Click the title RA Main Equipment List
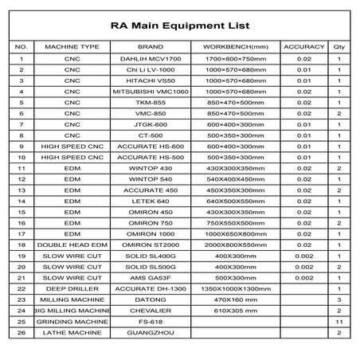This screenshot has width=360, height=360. (179, 26)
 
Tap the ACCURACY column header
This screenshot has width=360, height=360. (303, 47)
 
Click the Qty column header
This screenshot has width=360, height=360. (339, 47)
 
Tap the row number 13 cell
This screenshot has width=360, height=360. (22, 191)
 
